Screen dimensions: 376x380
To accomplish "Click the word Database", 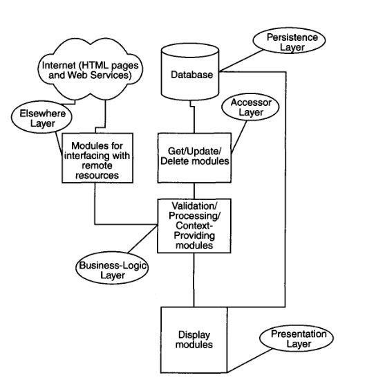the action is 192,75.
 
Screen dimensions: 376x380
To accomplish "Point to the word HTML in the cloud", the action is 91,66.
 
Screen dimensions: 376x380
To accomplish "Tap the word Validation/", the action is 194,206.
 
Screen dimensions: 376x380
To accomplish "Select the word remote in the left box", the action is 97,165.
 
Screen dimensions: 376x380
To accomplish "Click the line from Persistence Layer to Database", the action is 241,61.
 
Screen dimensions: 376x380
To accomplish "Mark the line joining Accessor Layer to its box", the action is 239,137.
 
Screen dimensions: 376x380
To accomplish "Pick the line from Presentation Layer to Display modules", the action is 250,361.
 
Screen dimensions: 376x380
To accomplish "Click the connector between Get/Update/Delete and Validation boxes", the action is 194,191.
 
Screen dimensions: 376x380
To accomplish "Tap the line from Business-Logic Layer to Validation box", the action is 143,239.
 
